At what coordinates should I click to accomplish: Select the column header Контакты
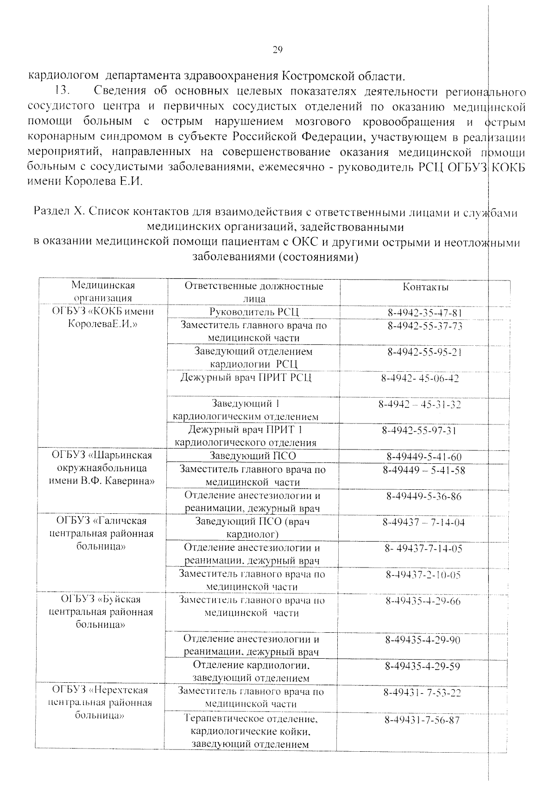pyautogui.click(x=425, y=287)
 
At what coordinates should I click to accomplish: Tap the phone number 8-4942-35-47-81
pyautogui.click(x=425, y=313)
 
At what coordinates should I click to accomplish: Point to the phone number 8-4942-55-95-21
pyautogui.click(x=425, y=352)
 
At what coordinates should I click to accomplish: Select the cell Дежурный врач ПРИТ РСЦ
pyautogui.click(x=246, y=378)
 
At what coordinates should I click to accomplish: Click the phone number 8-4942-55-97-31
pyautogui.click(x=419, y=430)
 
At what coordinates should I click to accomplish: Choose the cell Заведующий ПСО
pyautogui.click(x=253, y=456)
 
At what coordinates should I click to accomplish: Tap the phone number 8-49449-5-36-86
pyautogui.click(x=424, y=497)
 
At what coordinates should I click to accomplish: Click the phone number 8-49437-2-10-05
pyautogui.click(x=423, y=575)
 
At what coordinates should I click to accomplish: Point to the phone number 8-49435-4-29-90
pyautogui.click(x=423, y=640)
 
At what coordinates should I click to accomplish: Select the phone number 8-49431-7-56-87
pyautogui.click(x=422, y=720)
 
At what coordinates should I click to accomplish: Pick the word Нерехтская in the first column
pyautogui.click(x=120, y=690)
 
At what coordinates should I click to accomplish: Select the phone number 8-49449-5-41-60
pyautogui.click(x=424, y=457)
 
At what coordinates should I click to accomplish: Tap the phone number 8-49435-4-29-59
pyautogui.click(x=422, y=667)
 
